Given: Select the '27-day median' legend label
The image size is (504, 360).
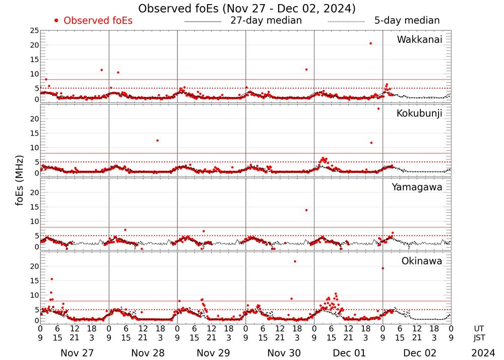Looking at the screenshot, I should pyautogui.click(x=266, y=21).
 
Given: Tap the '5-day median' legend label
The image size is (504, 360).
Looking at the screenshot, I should pyautogui.click(x=407, y=21).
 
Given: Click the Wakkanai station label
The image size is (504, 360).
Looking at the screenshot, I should pyautogui.click(x=419, y=40).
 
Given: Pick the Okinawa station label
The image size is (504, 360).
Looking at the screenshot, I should pyautogui.click(x=422, y=261).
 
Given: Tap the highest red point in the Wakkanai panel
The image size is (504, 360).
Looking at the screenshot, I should pyautogui.click(x=370, y=43).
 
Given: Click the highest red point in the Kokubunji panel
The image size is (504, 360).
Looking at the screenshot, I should pyautogui.click(x=379, y=108).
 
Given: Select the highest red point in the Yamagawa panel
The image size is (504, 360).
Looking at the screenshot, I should pyautogui.click(x=306, y=210).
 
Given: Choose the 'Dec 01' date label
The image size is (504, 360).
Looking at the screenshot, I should pyautogui.click(x=348, y=353).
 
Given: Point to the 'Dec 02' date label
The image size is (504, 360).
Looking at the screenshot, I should pyautogui.click(x=417, y=353).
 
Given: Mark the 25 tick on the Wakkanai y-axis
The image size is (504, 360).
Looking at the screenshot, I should pyautogui.click(x=34, y=31).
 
